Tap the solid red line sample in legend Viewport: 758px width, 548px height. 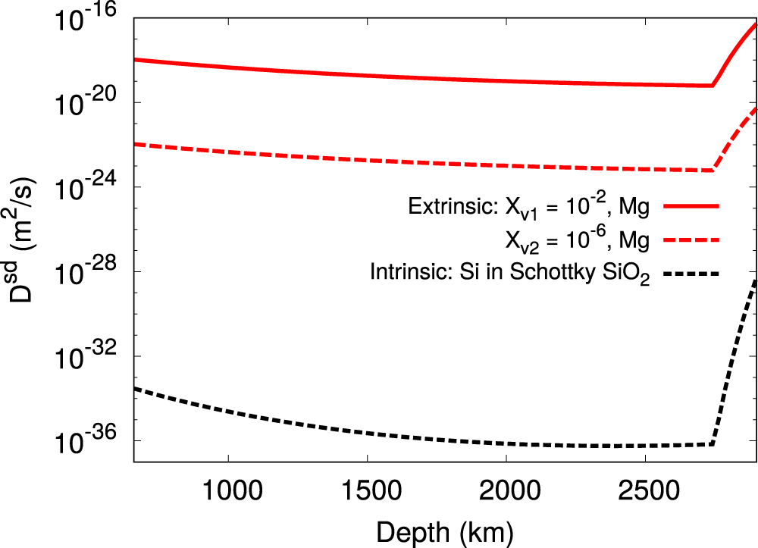click(x=691, y=205)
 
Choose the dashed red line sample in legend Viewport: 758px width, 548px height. click(x=691, y=240)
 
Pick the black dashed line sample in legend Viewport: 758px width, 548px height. click(x=691, y=273)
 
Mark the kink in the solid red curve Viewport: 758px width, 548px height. click(x=713, y=85)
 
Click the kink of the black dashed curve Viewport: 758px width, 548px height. click(x=713, y=443)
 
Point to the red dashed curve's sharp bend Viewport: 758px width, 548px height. click(x=713, y=170)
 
